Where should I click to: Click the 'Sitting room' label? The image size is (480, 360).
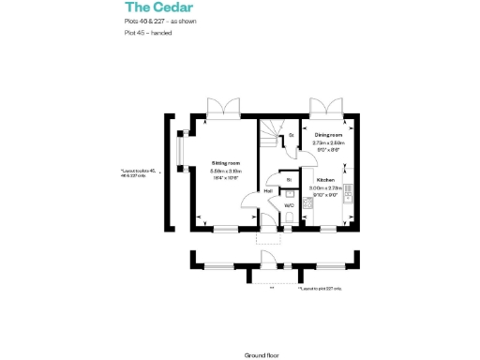pos(226,162)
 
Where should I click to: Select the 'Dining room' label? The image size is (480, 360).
pos(328,136)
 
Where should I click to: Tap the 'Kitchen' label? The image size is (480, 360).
pos(325,179)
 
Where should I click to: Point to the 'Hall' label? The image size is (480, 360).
pos(268,191)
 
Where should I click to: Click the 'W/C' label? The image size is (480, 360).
pos(290,204)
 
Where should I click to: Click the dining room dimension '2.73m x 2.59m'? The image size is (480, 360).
pos(328,142)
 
